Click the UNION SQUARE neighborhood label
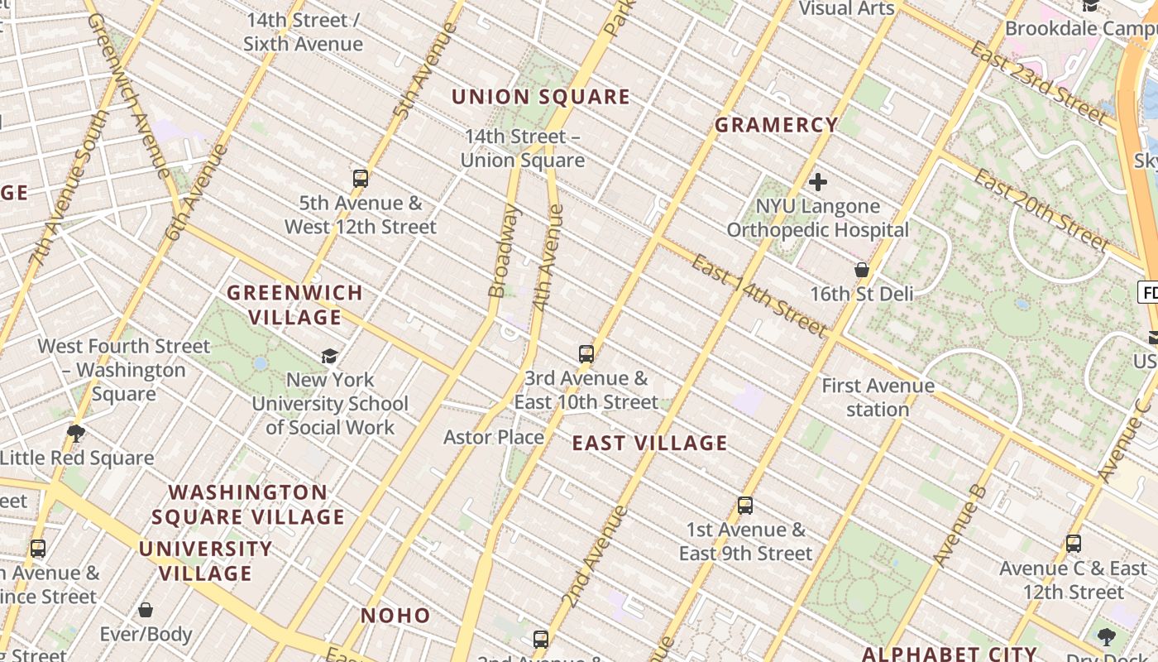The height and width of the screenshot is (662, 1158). (x=541, y=97)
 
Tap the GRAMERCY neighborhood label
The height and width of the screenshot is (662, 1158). (x=777, y=125)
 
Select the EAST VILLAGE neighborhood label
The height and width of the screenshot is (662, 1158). (x=650, y=444)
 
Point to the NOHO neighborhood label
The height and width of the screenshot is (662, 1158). (x=395, y=616)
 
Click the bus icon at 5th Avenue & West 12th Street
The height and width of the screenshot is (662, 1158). (x=360, y=178)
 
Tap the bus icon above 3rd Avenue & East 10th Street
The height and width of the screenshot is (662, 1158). (x=586, y=354)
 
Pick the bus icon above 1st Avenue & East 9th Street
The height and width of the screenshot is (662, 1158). (x=745, y=505)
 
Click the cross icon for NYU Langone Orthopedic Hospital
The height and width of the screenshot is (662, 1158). (x=818, y=182)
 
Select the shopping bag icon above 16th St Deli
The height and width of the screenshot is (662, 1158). (x=861, y=270)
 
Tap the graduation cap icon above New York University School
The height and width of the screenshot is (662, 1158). (x=329, y=356)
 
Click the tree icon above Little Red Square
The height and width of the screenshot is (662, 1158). (x=76, y=433)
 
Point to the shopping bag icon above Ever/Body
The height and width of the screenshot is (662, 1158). (x=146, y=610)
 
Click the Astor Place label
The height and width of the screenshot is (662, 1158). (x=494, y=437)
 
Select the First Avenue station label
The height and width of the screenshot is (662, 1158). (x=878, y=397)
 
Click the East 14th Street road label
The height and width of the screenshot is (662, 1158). (x=759, y=296)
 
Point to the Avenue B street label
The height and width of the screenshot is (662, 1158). (x=959, y=526)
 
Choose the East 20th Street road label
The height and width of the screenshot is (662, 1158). (x=1041, y=209)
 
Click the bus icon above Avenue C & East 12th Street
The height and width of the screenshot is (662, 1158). (x=1073, y=544)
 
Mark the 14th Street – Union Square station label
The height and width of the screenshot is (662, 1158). (x=523, y=148)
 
